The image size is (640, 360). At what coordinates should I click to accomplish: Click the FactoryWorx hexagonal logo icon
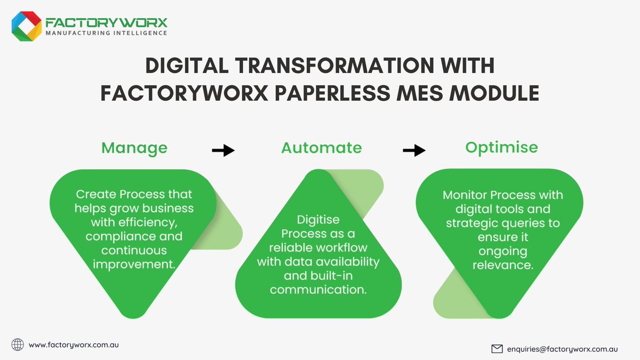point(27,26)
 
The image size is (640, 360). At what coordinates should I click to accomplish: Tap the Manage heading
point(134,148)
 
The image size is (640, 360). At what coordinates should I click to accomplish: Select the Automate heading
point(322,148)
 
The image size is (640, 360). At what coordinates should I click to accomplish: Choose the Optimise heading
point(501,148)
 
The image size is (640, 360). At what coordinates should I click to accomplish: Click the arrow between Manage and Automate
point(223,151)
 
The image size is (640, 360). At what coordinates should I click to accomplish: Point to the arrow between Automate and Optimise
point(414,151)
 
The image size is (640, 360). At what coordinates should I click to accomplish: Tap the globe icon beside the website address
point(18,345)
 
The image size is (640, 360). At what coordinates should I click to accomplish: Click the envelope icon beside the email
point(497,349)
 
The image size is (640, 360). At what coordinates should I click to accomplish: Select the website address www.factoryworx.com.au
point(74,345)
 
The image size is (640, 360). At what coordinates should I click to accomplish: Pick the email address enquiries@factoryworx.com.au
point(562,349)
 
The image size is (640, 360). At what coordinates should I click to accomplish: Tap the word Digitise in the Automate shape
point(318,220)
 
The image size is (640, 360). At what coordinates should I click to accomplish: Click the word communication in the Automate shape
point(318,290)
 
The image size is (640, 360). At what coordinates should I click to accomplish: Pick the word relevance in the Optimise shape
point(502,265)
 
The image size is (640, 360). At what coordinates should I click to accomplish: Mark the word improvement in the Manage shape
point(134,265)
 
